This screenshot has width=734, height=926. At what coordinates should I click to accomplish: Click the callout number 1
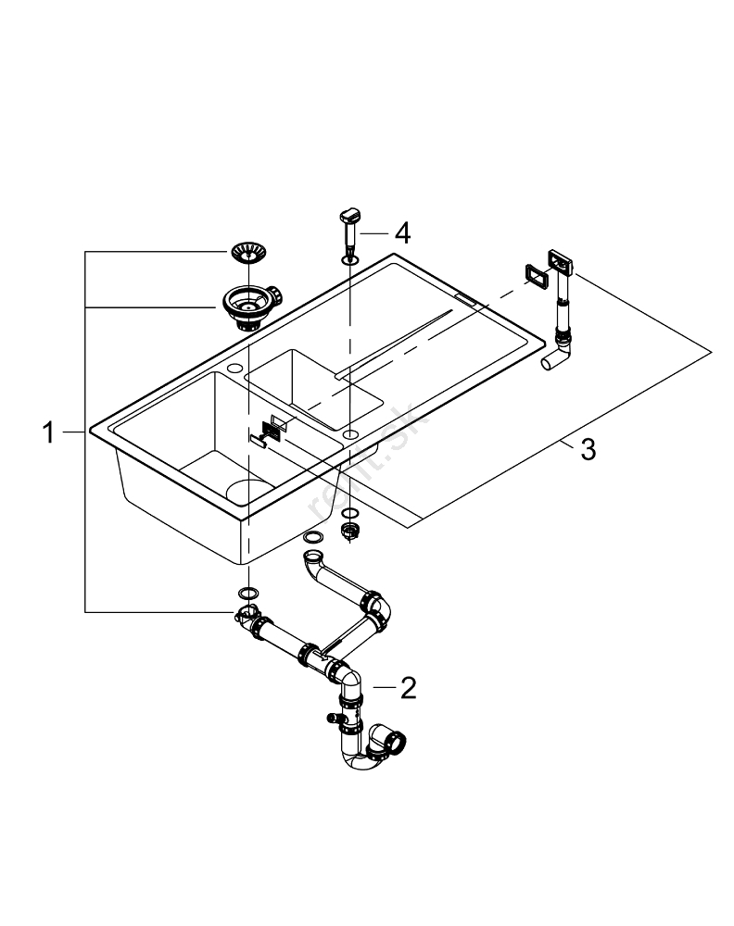click(48, 432)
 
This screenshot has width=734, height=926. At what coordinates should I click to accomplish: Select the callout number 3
click(587, 451)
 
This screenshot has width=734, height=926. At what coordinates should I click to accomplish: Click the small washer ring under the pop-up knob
click(348, 262)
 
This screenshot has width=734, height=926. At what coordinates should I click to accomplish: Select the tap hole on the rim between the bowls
click(349, 432)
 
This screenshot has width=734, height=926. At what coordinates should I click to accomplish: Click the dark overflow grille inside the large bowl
click(272, 427)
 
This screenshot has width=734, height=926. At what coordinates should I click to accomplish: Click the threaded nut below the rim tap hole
click(350, 530)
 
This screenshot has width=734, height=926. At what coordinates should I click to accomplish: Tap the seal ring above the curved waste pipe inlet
click(313, 538)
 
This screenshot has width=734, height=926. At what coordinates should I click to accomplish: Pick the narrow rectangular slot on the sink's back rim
click(466, 301)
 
